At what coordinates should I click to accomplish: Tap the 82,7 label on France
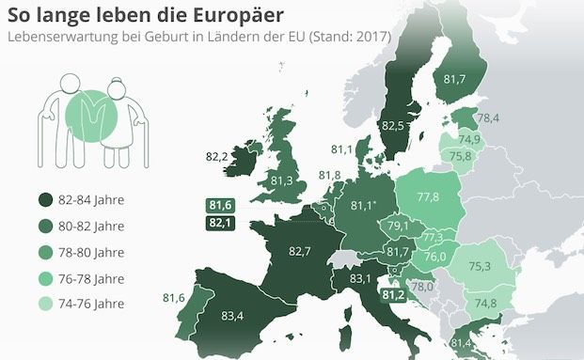tap(300, 251)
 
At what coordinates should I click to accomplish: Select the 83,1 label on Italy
tap(361, 278)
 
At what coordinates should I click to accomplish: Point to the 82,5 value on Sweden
tap(394, 124)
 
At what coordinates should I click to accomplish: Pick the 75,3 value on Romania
tap(481, 266)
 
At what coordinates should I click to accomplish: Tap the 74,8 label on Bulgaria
tap(486, 303)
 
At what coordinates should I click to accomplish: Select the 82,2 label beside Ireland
tap(216, 156)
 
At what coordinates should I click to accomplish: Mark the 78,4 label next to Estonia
tap(488, 118)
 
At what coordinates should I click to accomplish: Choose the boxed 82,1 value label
tap(222, 222)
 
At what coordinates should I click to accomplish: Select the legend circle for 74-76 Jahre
tap(44, 303)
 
